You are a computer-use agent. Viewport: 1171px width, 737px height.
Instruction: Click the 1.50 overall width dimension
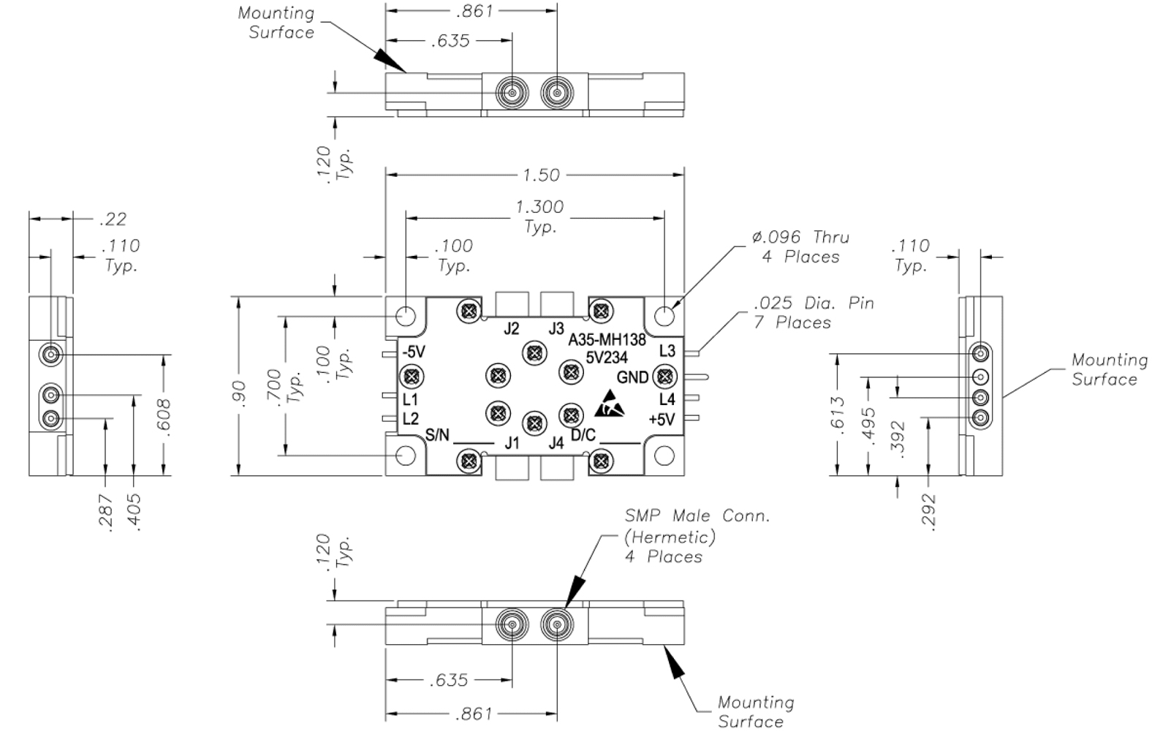(x=541, y=175)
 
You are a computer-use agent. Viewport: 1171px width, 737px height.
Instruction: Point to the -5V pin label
(x=413, y=352)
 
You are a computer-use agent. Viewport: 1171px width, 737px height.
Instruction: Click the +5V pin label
(x=662, y=419)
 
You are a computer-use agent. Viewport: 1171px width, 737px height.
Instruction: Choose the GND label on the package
(x=632, y=377)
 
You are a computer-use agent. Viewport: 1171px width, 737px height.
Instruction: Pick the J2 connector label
(x=512, y=328)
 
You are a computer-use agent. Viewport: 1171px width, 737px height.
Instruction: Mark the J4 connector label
(x=556, y=442)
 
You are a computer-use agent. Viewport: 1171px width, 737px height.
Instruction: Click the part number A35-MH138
(x=607, y=340)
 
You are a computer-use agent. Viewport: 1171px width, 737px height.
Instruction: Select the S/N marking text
(x=437, y=435)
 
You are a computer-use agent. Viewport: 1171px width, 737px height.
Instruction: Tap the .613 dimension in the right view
(x=838, y=414)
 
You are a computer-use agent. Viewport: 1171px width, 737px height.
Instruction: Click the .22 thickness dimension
(x=113, y=219)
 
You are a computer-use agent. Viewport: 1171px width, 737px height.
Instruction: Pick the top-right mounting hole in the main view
(x=664, y=316)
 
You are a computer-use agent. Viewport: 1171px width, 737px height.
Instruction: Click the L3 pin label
(x=667, y=351)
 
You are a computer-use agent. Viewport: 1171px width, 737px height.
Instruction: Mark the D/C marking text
(x=583, y=435)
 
